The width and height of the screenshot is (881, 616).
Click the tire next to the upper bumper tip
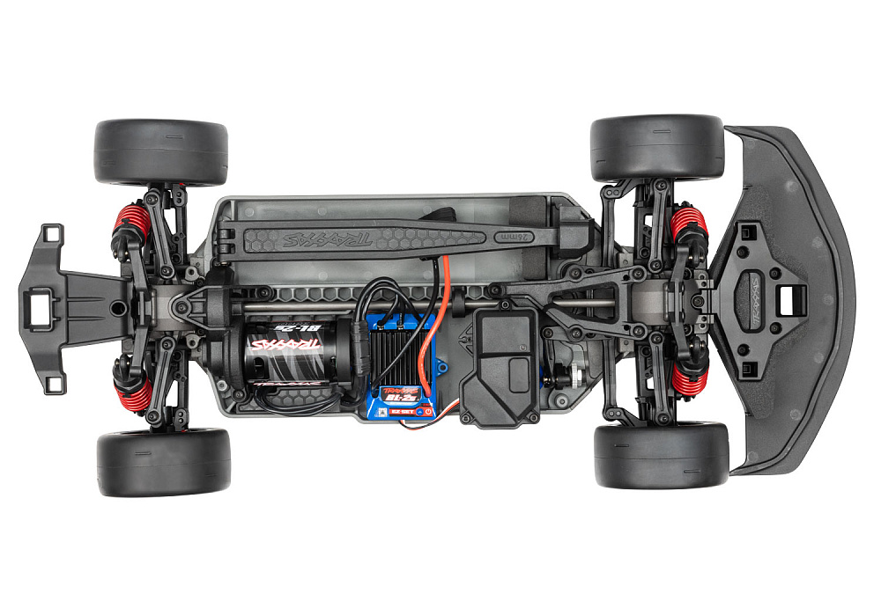pyautogui.click(x=656, y=147)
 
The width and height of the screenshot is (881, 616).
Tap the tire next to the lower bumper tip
pyautogui.click(x=661, y=455)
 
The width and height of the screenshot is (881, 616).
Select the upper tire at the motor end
pyautogui.click(x=160, y=151)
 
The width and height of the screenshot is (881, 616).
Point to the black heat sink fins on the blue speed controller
pyautogui.click(x=401, y=348)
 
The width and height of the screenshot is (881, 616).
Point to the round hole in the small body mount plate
pyautogui.click(x=115, y=309)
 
